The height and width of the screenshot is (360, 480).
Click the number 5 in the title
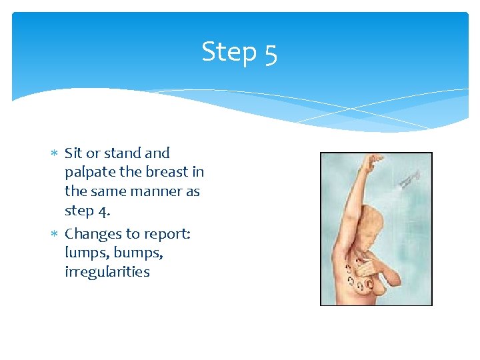click(269, 53)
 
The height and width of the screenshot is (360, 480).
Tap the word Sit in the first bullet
click(73, 153)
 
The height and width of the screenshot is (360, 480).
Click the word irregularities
click(107, 272)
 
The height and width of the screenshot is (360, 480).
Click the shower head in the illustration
click(409, 178)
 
